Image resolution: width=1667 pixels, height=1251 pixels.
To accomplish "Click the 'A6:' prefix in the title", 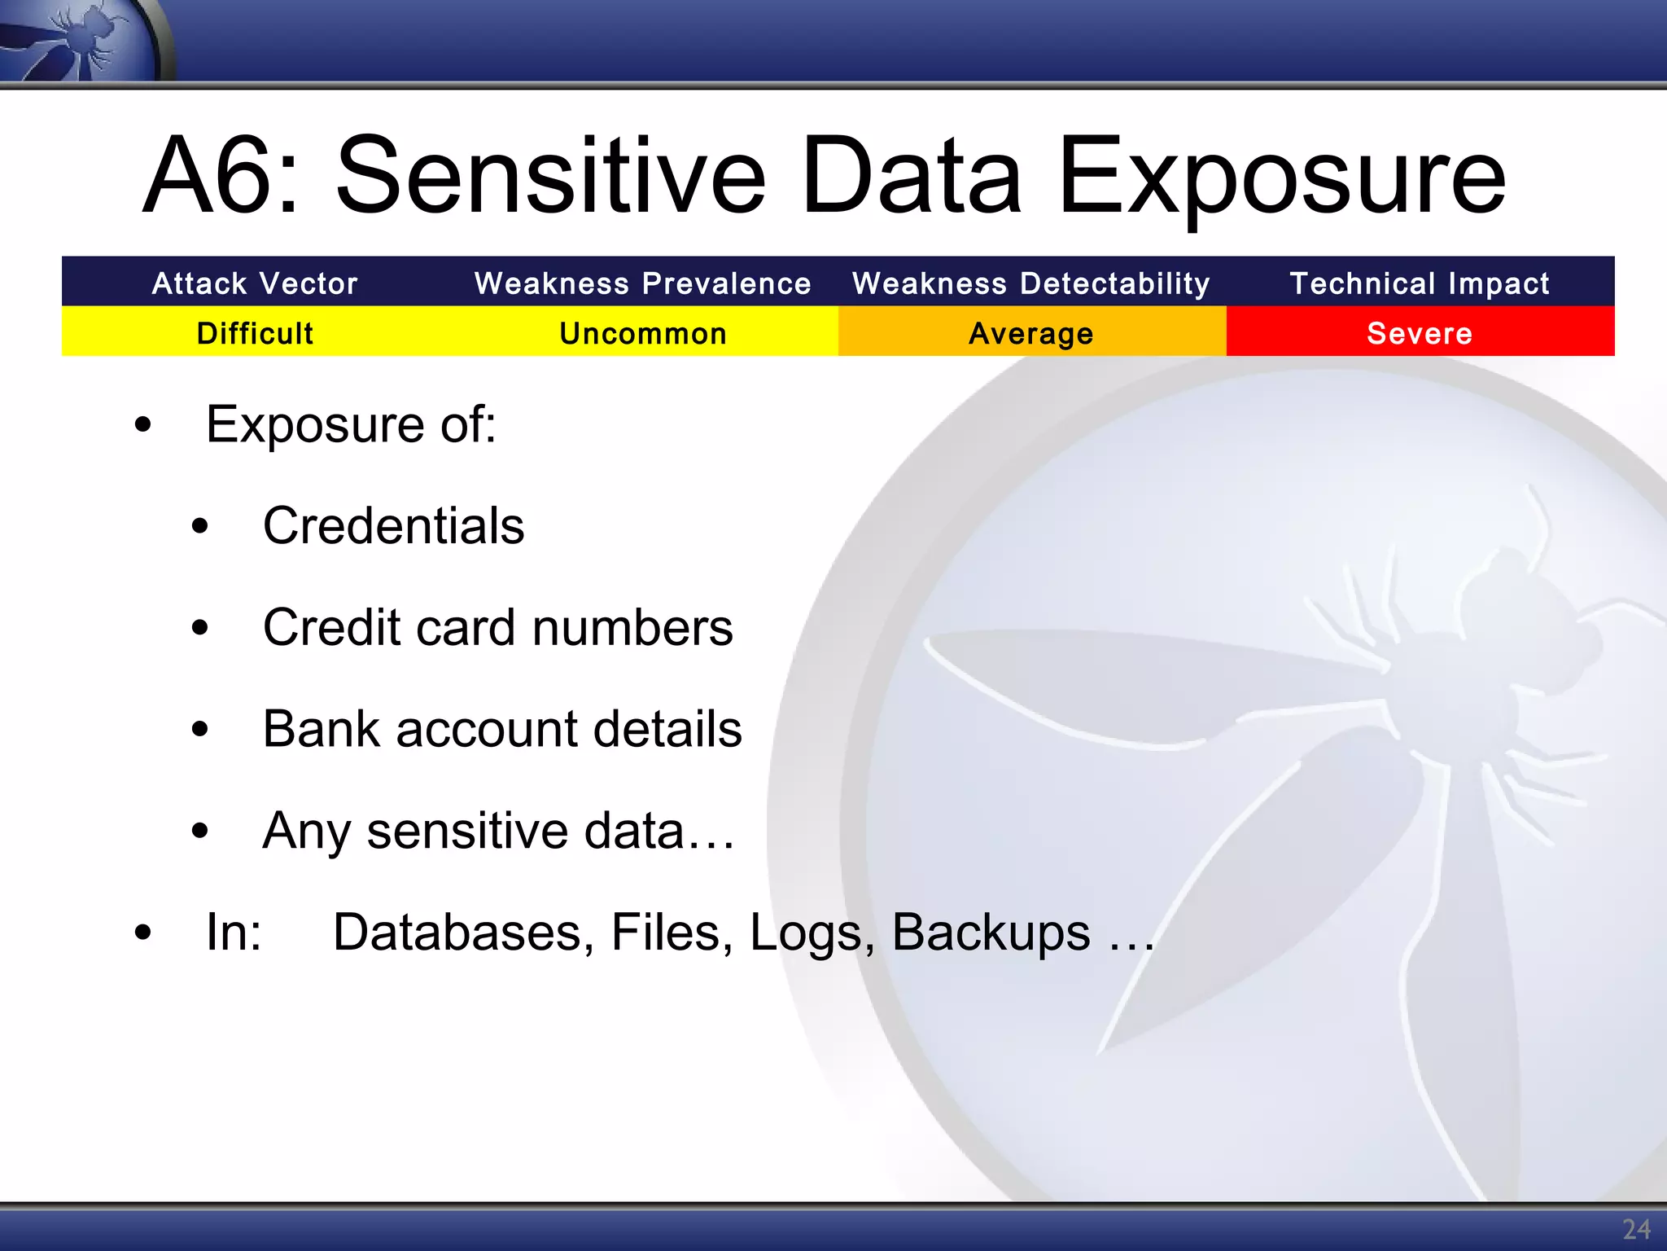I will click(x=220, y=177).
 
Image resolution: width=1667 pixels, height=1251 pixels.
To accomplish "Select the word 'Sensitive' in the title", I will click(x=550, y=177).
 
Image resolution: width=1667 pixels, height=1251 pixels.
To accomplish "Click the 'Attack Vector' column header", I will click(x=255, y=283).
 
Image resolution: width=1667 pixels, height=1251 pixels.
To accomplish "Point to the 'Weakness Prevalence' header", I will click(x=643, y=283).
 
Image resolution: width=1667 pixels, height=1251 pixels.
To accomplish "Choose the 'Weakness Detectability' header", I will click(x=1031, y=283).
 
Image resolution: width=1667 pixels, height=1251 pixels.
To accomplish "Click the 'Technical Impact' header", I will click(x=1420, y=283).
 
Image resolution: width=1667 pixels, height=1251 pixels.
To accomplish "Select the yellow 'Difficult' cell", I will click(x=255, y=333).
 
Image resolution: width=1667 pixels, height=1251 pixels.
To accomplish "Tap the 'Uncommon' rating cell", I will click(x=643, y=333).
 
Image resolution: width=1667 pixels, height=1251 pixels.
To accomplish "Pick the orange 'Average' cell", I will click(x=1031, y=333).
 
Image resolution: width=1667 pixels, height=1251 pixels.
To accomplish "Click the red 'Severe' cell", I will click(x=1420, y=333).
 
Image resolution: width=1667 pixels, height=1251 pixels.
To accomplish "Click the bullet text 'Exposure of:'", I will click(x=351, y=425).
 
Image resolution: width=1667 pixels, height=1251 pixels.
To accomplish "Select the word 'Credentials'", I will click(x=393, y=526).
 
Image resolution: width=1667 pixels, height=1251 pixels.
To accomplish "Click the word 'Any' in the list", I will click(x=307, y=832).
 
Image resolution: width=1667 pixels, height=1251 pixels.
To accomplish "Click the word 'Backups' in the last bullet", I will click(x=991, y=933).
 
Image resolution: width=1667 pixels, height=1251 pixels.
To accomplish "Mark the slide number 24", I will click(x=1636, y=1229).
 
